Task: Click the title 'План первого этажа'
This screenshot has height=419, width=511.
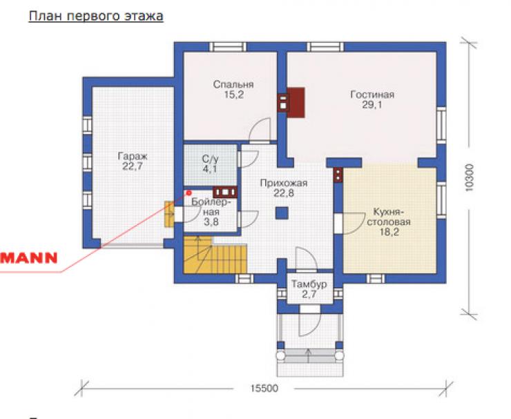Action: coord(96,17)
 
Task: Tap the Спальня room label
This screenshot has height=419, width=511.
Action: coord(233,85)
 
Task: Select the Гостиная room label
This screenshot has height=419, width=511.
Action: coord(372,95)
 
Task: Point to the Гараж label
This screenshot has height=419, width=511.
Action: coord(133,157)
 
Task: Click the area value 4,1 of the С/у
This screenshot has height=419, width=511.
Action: coord(210,169)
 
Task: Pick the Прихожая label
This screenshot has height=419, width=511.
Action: coord(284,184)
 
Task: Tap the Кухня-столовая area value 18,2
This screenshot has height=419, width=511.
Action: coord(389,233)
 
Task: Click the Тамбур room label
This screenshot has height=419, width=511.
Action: coord(309,284)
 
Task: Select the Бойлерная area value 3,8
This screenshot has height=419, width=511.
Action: coord(211,222)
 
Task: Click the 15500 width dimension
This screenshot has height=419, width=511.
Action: coord(264,389)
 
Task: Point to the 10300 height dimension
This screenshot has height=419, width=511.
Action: coord(469,177)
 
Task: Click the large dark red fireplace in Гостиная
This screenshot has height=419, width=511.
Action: coord(296,103)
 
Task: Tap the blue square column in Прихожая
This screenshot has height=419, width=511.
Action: coord(282,213)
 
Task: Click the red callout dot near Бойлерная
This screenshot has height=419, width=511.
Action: coord(189,193)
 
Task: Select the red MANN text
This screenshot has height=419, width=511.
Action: coord(29,258)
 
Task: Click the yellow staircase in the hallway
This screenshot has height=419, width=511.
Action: coord(215,255)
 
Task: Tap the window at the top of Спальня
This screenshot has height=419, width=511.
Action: coord(228,47)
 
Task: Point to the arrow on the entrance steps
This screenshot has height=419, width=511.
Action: coord(308,355)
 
